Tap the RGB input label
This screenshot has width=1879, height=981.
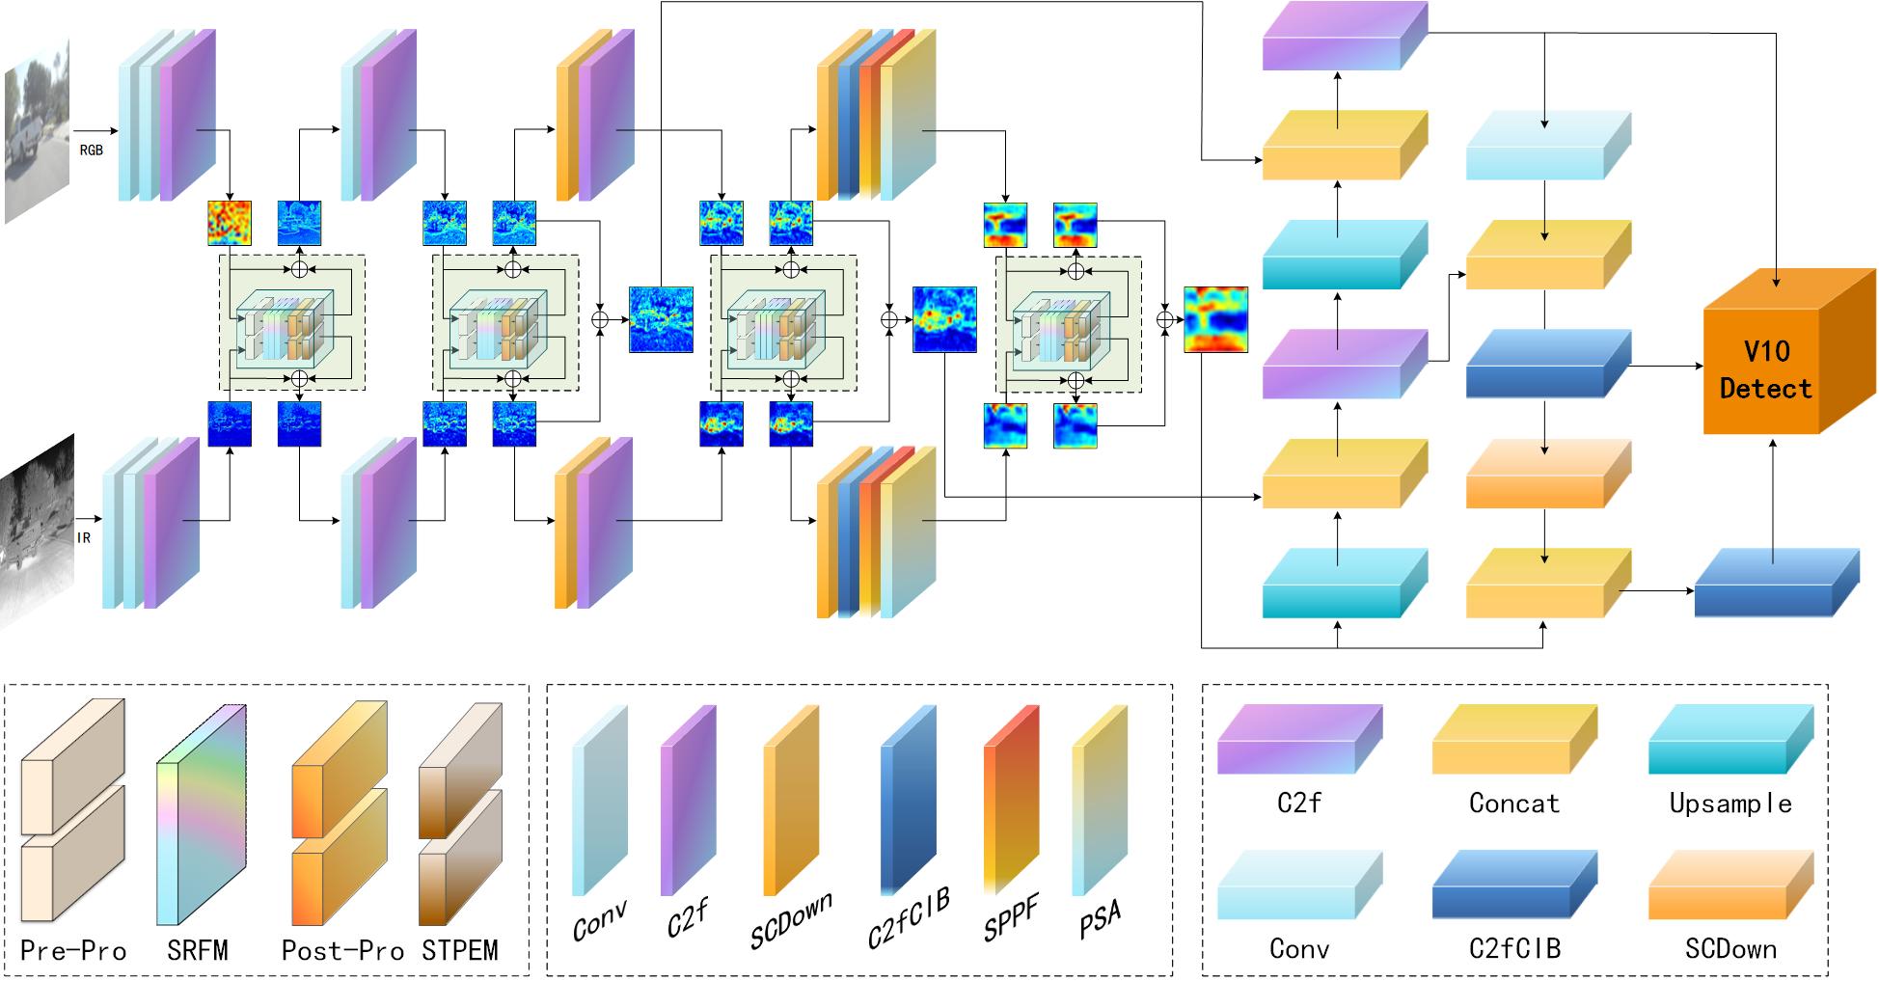pyautogui.click(x=91, y=150)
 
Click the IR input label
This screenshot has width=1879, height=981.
pyautogui.click(x=84, y=538)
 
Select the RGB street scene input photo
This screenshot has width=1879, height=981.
pyautogui.click(x=38, y=131)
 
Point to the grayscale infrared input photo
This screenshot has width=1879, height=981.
pyautogui.click(x=38, y=531)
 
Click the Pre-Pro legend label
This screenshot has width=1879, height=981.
pyautogui.click(x=73, y=951)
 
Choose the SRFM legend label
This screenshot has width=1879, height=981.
pyautogui.click(x=198, y=951)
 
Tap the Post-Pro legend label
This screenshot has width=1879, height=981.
pyautogui.click(x=342, y=951)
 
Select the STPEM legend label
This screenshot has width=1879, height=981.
pyautogui.click(x=460, y=951)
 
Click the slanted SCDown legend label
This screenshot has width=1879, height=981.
pyautogui.click(x=791, y=922)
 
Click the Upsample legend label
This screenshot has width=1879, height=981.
pyautogui.click(x=1730, y=804)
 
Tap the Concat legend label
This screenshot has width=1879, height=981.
pyautogui.click(x=1513, y=804)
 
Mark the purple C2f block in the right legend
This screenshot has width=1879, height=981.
pyautogui.click(x=1299, y=740)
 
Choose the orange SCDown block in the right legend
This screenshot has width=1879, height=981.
pyautogui.click(x=1730, y=885)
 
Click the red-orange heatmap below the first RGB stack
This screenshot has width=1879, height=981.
pyautogui.click(x=230, y=223)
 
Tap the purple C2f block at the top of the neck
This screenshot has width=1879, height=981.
pyautogui.click(x=1344, y=37)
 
